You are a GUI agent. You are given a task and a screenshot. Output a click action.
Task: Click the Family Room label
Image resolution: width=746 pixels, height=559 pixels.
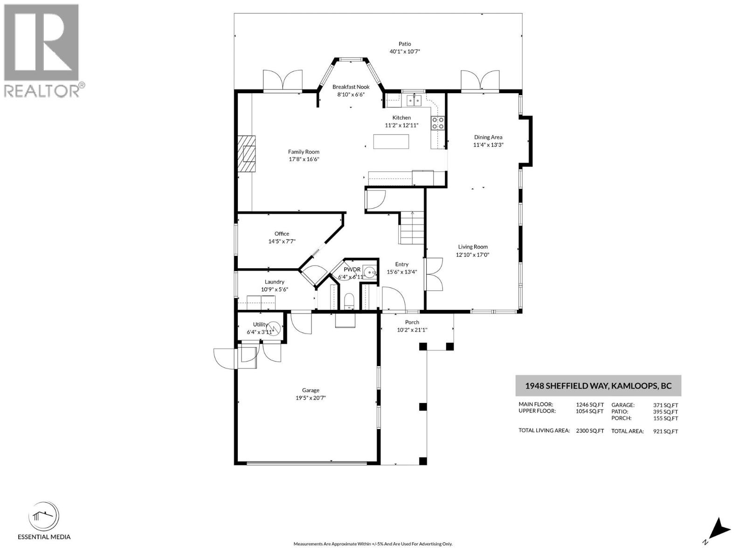click(304, 152)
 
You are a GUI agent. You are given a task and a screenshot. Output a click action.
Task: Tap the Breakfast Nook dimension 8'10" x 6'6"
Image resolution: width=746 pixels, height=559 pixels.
click(351, 95)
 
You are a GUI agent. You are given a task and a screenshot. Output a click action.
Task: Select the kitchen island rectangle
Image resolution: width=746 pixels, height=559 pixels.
click(391, 142)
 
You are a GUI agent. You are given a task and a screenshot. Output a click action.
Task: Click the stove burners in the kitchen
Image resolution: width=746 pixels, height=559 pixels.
click(437, 123)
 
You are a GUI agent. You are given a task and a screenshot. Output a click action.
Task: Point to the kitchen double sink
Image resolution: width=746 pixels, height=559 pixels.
click(413, 100)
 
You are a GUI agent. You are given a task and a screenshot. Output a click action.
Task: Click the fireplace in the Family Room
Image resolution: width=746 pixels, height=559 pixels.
click(247, 154)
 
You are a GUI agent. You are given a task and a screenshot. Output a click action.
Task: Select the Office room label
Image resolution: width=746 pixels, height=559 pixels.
click(282, 234)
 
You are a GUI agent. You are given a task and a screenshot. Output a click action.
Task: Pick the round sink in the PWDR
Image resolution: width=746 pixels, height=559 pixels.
click(370, 272)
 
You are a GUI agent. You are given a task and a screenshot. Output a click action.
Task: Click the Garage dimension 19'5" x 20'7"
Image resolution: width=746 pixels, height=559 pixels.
click(310, 398)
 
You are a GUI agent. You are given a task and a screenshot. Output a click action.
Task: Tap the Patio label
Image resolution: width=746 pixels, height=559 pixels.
click(405, 44)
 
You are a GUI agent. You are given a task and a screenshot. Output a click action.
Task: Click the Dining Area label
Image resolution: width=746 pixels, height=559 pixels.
click(488, 137)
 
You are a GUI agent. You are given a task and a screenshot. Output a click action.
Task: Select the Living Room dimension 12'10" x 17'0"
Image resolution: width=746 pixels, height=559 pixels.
click(472, 255)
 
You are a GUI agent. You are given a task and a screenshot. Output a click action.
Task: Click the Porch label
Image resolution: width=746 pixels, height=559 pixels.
click(412, 322)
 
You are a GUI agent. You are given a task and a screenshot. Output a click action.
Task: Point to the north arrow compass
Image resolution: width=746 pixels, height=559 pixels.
click(719, 530)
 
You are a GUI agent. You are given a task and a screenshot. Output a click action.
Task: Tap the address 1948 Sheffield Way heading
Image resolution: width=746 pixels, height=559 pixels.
click(598, 386)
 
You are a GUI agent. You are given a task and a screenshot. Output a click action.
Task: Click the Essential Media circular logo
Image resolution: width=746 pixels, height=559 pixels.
click(44, 517)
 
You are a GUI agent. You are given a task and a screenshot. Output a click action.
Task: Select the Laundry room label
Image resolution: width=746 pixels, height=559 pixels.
click(274, 282)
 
